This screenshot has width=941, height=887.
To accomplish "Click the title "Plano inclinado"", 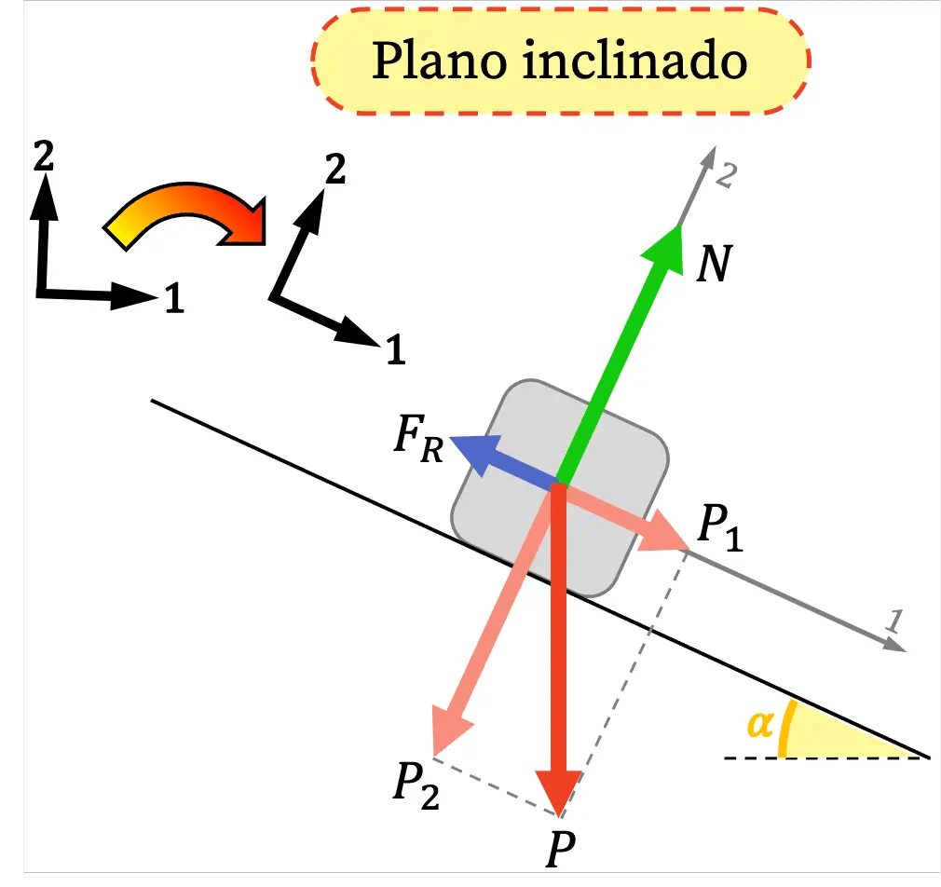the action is pyautogui.click(x=559, y=61).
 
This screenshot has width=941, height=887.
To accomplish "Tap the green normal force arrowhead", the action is pyautogui.click(x=665, y=246).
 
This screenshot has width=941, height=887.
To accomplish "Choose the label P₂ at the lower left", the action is pyautogui.click(x=415, y=785).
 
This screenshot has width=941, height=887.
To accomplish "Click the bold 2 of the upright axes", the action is pyautogui.click(x=42, y=157).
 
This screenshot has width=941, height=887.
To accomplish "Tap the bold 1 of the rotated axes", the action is pyautogui.click(x=395, y=350).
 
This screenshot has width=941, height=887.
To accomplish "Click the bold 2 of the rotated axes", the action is pyautogui.click(x=334, y=170).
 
